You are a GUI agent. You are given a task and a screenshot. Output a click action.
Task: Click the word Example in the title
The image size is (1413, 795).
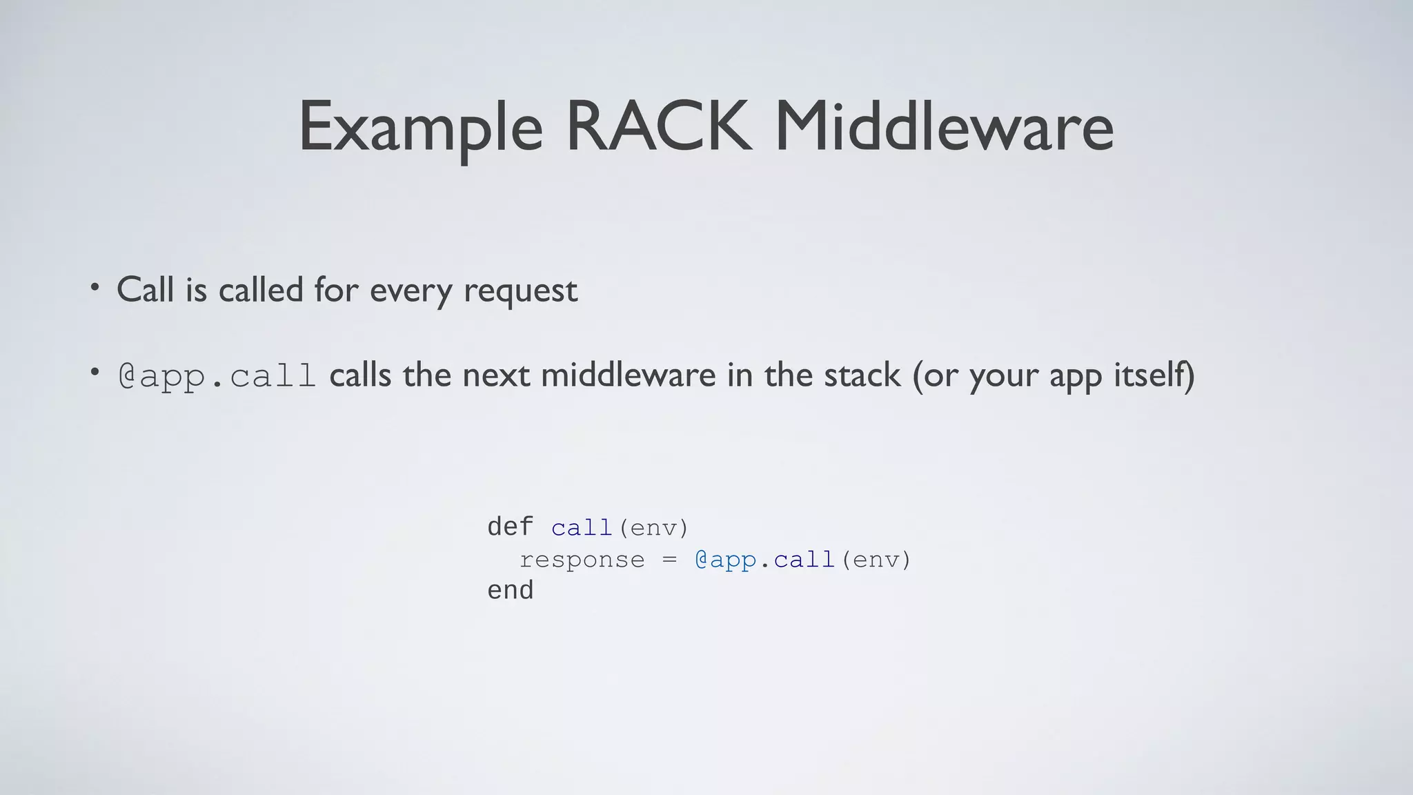(x=420, y=128)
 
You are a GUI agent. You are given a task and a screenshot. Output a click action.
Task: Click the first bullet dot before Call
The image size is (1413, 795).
(x=95, y=287)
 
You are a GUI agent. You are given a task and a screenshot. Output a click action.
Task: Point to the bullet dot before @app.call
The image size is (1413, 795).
(x=95, y=373)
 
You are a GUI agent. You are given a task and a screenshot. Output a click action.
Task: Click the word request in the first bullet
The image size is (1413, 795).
(x=520, y=291)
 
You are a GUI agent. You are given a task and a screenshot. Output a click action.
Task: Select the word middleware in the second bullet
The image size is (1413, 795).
(x=628, y=375)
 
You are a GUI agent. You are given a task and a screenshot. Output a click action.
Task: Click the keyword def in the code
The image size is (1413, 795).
(x=510, y=527)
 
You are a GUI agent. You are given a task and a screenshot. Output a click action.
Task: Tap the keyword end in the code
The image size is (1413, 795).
(x=510, y=591)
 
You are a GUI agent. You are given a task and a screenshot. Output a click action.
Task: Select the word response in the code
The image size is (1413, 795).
(x=582, y=560)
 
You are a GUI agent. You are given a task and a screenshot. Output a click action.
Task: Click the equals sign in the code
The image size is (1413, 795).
(x=669, y=560)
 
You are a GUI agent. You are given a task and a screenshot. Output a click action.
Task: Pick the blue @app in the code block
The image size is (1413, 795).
(x=725, y=560)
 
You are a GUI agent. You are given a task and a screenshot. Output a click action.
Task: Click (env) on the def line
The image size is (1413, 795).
(x=653, y=528)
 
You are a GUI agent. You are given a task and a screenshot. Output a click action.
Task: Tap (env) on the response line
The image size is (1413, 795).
(x=876, y=560)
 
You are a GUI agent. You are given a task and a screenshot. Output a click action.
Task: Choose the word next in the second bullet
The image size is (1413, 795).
(x=496, y=375)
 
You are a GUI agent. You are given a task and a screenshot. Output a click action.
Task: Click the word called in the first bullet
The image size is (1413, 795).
(x=261, y=290)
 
